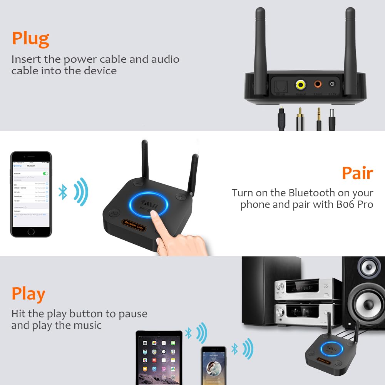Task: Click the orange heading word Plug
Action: click(30, 38)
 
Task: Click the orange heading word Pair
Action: click(357, 173)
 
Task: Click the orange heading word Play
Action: click(28, 294)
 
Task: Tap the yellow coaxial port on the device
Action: click(301, 84)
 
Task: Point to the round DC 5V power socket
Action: click(331, 84)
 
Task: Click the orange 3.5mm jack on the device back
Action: click(318, 84)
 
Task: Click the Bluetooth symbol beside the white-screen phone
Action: click(63, 192)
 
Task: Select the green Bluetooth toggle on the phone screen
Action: click(46, 174)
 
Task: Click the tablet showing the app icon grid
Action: click(159, 357)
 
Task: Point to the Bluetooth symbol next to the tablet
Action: click(188, 333)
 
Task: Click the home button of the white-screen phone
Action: click(31, 232)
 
